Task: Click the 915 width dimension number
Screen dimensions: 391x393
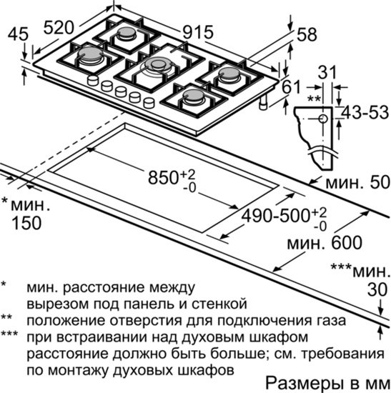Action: coord(198,32)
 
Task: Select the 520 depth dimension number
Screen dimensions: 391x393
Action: coord(59,27)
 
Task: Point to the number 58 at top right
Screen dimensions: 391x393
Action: coord(307,34)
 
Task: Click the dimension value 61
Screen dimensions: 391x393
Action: coord(291,86)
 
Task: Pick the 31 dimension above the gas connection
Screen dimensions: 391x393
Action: coord(327,72)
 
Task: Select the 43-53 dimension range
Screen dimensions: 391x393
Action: coord(365,112)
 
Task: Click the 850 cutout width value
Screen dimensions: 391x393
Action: coord(163,178)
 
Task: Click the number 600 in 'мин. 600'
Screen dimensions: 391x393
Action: coord(347,242)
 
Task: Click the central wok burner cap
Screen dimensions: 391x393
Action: coord(158,63)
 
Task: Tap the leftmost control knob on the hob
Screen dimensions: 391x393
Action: coord(93,81)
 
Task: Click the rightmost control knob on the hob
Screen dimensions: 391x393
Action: coord(149,102)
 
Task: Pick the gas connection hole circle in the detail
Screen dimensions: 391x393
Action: coord(323,119)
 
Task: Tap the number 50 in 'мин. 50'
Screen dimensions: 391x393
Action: coord(380,182)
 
